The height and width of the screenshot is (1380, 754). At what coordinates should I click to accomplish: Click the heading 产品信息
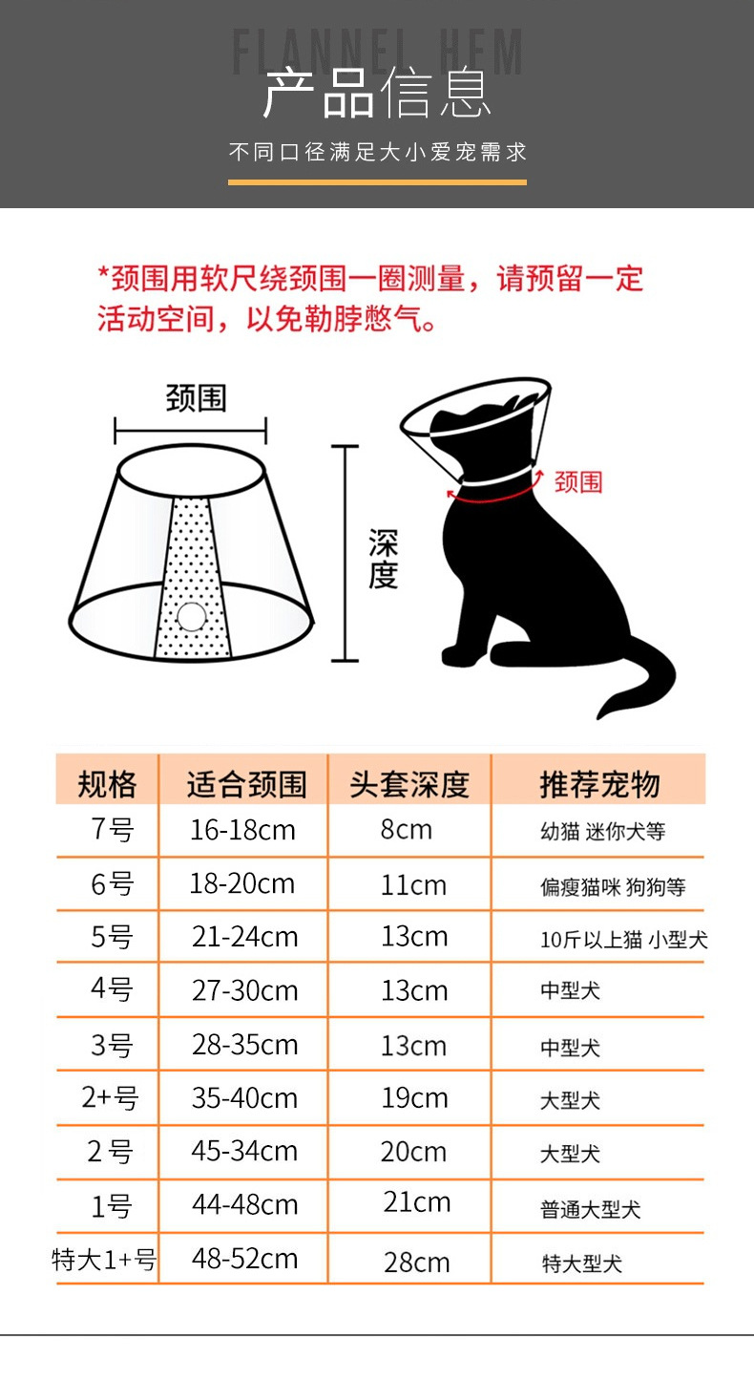(x=377, y=94)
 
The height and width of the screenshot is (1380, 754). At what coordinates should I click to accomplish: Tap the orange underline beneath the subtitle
(x=377, y=182)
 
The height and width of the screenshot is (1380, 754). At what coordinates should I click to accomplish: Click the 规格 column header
(x=107, y=784)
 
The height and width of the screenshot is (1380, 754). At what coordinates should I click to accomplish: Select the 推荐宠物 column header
(x=599, y=784)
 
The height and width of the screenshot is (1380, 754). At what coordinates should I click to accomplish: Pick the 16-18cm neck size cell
(x=242, y=830)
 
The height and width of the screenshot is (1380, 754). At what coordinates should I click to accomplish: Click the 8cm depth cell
(x=407, y=829)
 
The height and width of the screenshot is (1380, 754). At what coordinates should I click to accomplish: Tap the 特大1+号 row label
(x=104, y=1260)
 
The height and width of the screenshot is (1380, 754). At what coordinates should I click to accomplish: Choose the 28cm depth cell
(x=417, y=1263)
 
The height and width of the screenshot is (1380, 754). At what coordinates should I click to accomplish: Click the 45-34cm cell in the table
(x=244, y=1151)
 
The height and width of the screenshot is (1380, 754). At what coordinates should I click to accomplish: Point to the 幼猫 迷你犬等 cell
(x=602, y=832)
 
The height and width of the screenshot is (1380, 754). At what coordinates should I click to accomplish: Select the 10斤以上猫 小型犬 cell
(x=623, y=940)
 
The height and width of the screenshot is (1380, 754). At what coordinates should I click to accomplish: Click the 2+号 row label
(x=110, y=1098)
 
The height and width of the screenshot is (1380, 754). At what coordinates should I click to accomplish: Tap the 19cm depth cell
(x=415, y=1098)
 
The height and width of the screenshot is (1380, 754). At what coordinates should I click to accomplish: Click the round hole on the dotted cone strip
(x=192, y=617)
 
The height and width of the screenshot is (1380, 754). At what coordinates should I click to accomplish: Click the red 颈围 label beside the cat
(x=578, y=481)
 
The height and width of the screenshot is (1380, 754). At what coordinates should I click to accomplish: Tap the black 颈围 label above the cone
(x=196, y=398)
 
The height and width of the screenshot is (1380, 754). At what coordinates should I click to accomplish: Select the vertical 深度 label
(x=383, y=560)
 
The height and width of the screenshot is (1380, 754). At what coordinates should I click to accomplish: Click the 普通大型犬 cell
(x=590, y=1209)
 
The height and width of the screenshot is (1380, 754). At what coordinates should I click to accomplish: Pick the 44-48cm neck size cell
(x=245, y=1204)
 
